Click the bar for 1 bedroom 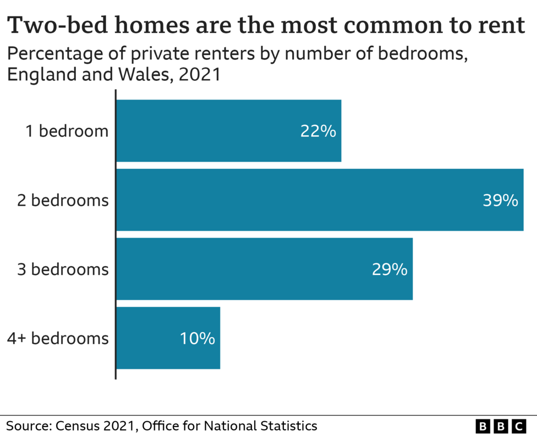[228, 131]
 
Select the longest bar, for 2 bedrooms [319, 200]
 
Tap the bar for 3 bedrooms [264, 269]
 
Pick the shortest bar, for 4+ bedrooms [168, 338]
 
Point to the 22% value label [318, 132]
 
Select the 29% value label [390, 270]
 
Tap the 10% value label [197, 339]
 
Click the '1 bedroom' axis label [67, 131]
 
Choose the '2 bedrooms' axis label [62, 201]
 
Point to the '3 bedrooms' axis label [62, 269]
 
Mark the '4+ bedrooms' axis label [58, 338]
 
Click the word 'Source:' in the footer [28, 425]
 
